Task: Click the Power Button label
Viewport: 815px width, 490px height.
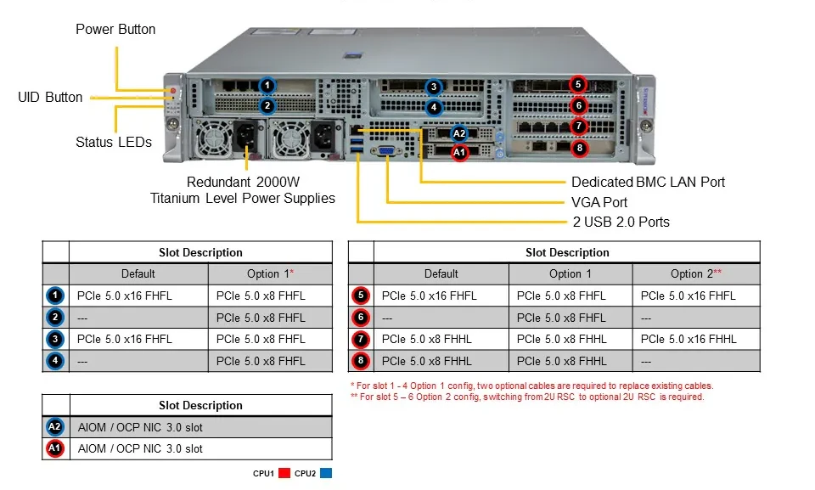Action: [x=115, y=29]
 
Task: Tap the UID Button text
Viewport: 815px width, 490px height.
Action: [x=50, y=98]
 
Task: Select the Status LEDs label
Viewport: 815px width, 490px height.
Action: [x=114, y=142]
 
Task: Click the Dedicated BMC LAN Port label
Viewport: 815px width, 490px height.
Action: [x=648, y=182]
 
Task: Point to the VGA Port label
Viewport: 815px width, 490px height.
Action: [x=599, y=202]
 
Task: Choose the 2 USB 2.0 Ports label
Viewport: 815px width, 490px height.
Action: [x=621, y=222]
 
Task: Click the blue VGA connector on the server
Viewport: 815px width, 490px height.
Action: [x=386, y=151]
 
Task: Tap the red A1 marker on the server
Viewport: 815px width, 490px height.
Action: [x=459, y=152]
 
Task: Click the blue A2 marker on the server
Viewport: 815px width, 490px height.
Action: [x=459, y=133]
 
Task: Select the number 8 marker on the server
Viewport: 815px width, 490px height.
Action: [x=580, y=149]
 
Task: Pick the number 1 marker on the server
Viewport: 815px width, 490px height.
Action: [x=267, y=85]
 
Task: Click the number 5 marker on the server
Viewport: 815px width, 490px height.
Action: [x=578, y=84]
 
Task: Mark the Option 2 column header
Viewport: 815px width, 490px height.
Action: [x=696, y=274]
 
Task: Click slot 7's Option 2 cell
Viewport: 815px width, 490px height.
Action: [x=689, y=339]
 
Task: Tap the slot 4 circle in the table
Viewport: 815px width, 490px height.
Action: [x=55, y=361]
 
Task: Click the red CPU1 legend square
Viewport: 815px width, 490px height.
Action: [x=284, y=473]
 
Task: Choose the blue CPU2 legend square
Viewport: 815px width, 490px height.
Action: [x=326, y=473]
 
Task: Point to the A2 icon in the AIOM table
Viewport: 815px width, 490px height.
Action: [x=54, y=427]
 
